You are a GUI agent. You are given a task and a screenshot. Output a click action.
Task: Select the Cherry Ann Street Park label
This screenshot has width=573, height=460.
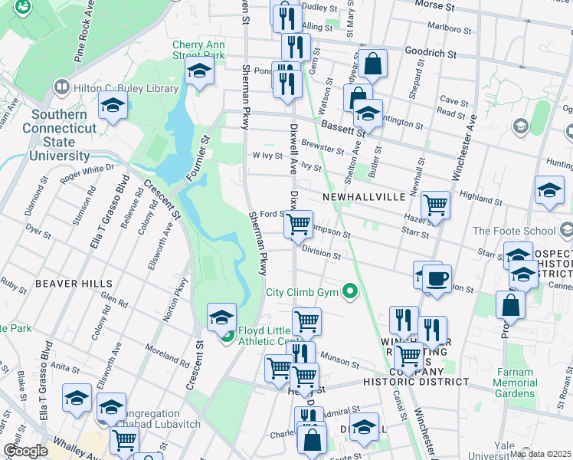198,51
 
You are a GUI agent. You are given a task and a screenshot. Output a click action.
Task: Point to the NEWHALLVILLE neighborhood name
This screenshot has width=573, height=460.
363,197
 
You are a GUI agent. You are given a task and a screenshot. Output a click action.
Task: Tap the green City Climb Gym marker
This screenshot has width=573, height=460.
350,291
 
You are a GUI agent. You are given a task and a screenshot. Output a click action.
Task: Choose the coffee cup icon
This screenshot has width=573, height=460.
437,278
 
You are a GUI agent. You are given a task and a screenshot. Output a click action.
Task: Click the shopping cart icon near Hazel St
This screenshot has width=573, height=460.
435,205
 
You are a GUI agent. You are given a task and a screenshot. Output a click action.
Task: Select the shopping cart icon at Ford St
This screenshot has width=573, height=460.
298,224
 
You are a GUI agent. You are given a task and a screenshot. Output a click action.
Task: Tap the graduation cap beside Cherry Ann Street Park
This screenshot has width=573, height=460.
198,73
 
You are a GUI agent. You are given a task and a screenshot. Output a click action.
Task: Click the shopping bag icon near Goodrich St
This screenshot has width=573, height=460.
373,64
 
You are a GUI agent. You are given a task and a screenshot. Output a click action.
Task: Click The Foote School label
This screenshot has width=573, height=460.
513,231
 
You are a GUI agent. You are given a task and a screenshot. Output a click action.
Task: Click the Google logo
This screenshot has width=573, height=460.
25,451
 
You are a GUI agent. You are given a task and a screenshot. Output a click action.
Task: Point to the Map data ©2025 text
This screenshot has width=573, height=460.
539,454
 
